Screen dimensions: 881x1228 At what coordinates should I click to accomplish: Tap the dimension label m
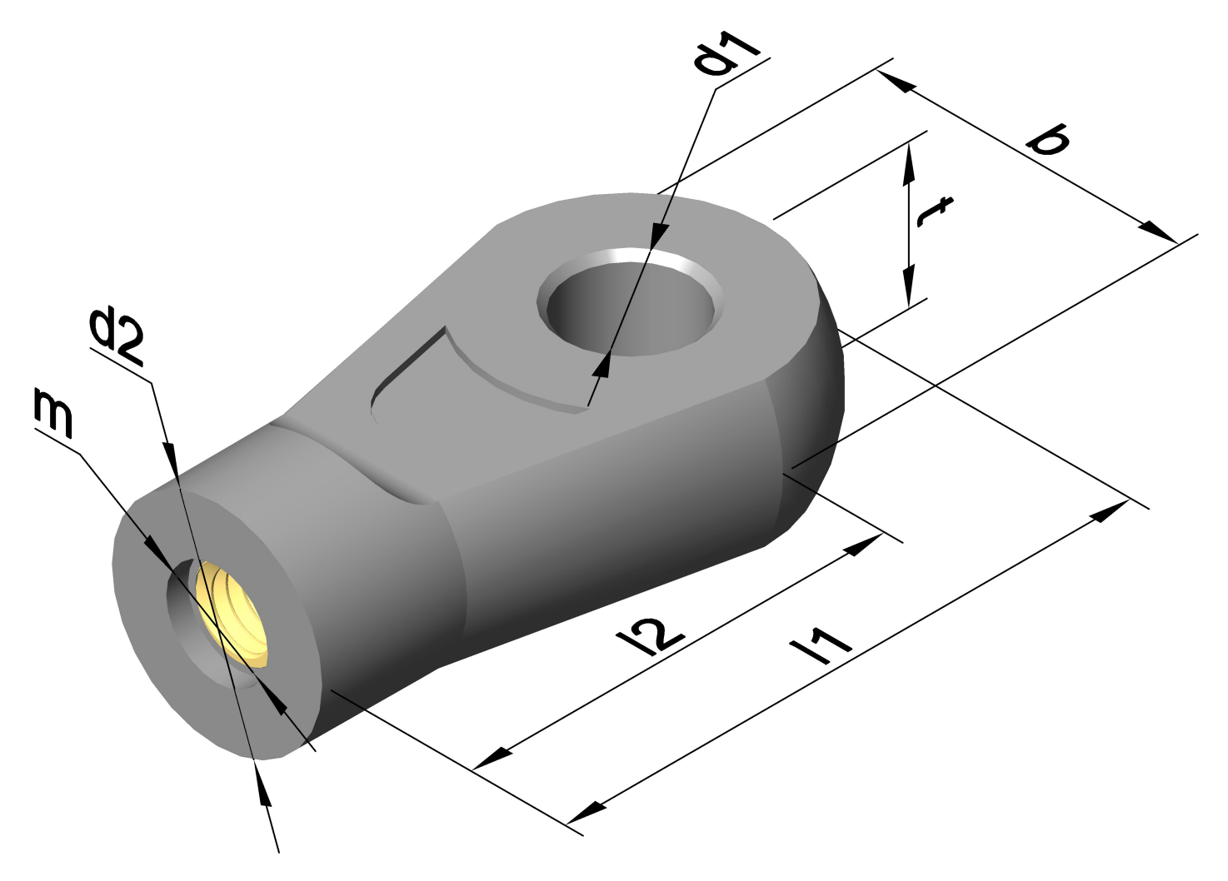click(54, 411)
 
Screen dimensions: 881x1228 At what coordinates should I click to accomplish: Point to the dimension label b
click(1049, 140)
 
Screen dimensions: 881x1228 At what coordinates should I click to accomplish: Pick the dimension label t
click(934, 212)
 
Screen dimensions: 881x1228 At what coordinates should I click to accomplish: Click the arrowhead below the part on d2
click(263, 786)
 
